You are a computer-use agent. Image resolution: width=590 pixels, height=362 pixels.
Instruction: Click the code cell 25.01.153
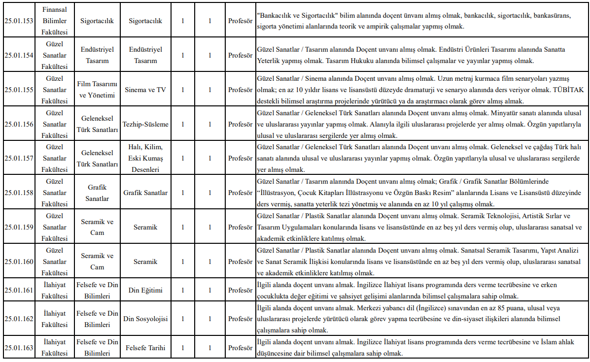tap(19, 21)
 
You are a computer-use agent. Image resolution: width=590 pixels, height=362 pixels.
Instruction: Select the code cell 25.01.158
tap(19, 193)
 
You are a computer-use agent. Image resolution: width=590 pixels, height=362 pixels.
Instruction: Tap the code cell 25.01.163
tap(19, 348)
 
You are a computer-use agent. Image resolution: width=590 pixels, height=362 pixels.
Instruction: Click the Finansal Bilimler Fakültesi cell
tap(54, 21)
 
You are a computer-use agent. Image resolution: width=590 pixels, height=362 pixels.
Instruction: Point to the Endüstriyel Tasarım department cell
tap(97, 55)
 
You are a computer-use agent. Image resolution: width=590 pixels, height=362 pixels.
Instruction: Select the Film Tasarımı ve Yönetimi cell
tap(97, 90)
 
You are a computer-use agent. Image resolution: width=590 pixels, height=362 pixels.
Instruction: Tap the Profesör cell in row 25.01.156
tap(240, 124)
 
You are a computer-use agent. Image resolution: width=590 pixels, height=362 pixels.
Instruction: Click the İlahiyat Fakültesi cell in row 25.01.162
tap(54, 319)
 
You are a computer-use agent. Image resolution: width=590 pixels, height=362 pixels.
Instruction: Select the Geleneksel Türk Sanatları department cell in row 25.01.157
tap(97, 159)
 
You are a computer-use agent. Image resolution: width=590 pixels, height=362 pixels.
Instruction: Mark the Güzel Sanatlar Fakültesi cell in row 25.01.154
tap(54, 55)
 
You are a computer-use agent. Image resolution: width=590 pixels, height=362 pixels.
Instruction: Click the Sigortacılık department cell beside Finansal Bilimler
tap(97, 21)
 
